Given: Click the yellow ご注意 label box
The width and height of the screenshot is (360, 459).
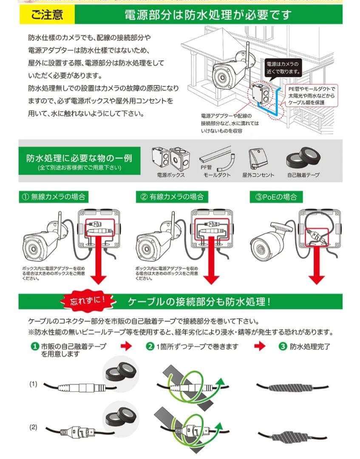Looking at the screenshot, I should point(47,15).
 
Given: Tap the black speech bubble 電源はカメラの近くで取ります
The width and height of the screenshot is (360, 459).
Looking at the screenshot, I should point(283,67).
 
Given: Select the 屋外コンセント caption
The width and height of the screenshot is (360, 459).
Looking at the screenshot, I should point(258,175).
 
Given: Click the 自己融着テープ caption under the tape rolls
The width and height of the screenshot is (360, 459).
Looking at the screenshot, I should point(303,175).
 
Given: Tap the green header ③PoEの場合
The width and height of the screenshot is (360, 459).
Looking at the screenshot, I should point(276,197).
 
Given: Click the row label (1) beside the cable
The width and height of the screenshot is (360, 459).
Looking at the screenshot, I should point(34,384).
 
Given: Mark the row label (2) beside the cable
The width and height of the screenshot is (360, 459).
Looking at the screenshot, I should point(34,427).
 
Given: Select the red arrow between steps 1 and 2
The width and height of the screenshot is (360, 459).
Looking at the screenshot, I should point(126,346).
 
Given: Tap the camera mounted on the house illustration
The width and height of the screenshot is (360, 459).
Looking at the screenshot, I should point(227,72).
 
